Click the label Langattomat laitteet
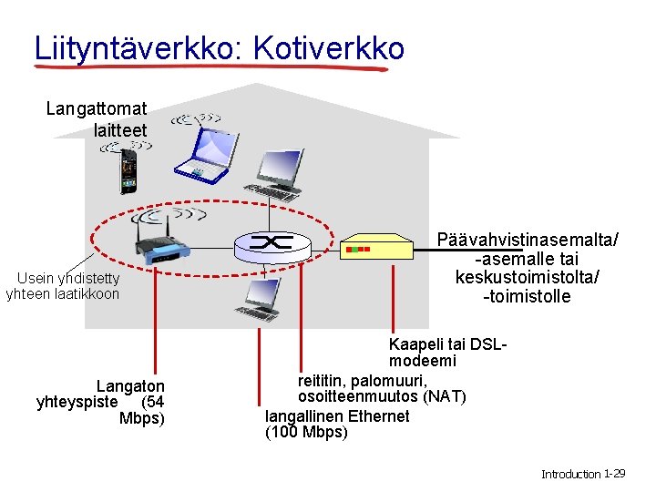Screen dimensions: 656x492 [96, 119]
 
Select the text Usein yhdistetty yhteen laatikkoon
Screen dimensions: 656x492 [62, 285]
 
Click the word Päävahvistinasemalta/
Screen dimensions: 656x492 [528, 240]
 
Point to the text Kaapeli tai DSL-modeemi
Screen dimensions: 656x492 [446, 353]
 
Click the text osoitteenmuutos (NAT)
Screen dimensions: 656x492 [382, 397]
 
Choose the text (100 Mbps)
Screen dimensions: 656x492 [306, 432]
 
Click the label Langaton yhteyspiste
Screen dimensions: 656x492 [100, 394]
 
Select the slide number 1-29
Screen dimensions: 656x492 [614, 474]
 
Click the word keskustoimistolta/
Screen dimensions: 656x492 [528, 277]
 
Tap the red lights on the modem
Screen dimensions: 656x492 [356, 248]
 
